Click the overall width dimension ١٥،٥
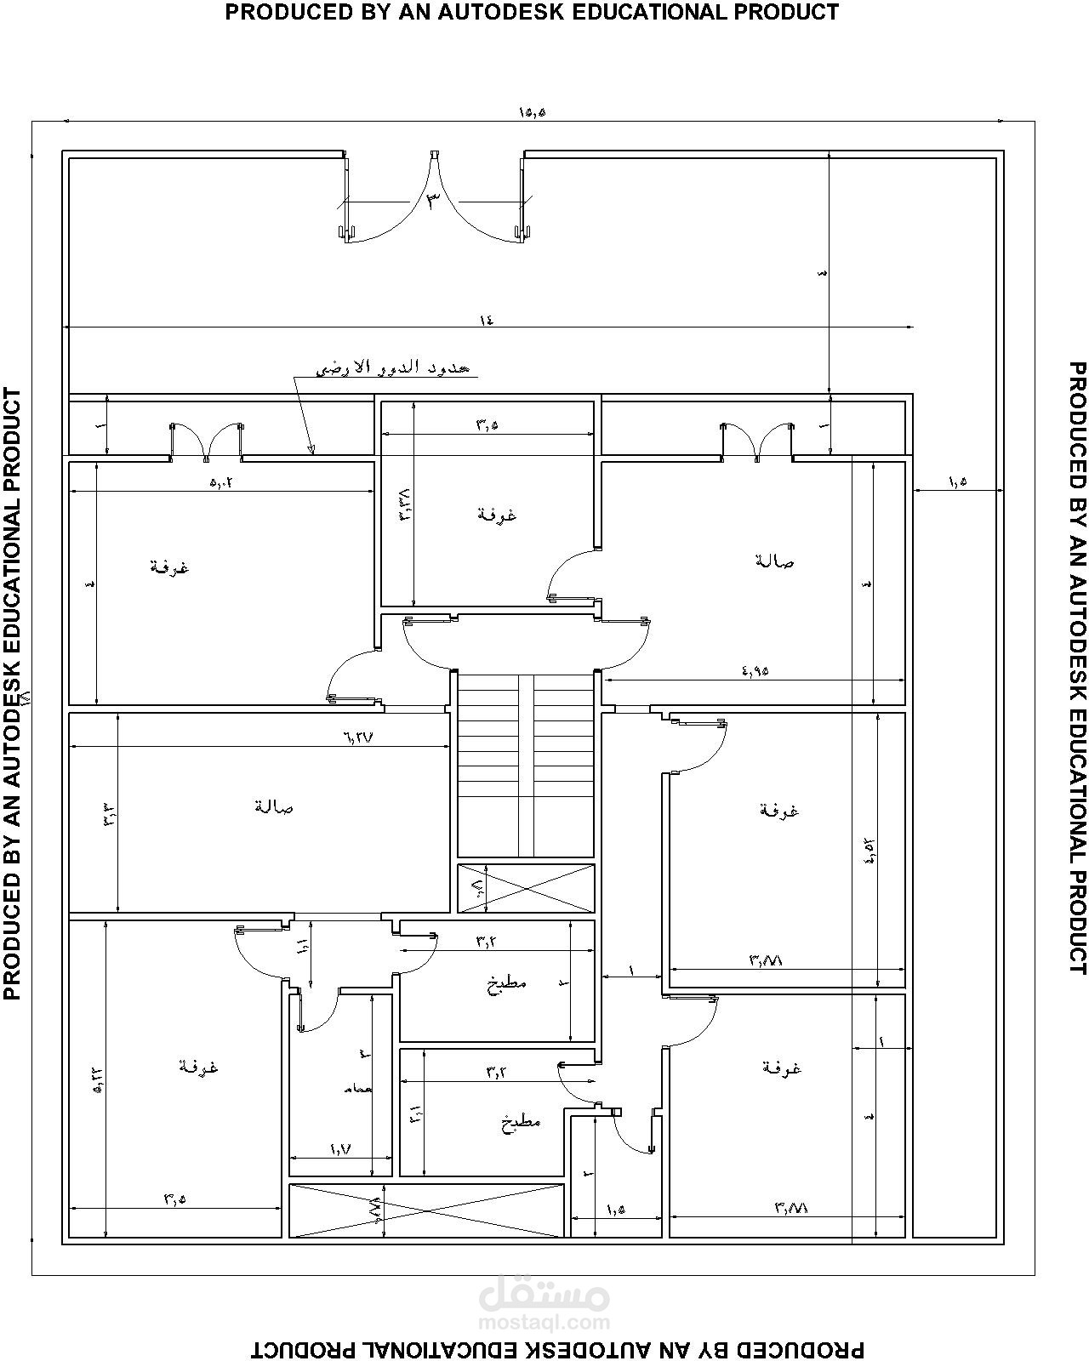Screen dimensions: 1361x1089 [531, 112]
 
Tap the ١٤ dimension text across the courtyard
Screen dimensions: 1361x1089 [486, 321]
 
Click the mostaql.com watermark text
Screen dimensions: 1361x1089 [544, 1323]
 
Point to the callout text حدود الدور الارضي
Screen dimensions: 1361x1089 [393, 367]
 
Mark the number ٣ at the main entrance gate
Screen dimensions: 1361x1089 [434, 202]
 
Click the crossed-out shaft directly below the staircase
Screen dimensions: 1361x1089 [527, 888]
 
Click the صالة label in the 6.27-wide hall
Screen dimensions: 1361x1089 [273, 806]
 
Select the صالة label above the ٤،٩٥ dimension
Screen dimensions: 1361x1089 [774, 561]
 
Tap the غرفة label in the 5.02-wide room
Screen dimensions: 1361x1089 [169, 567]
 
